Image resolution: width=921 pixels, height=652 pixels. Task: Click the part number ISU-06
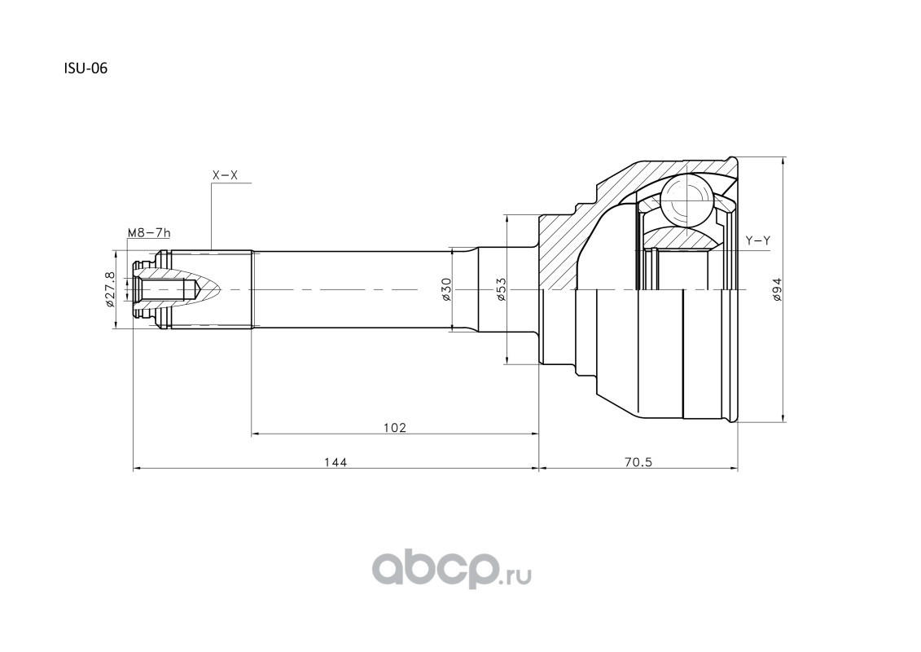(x=86, y=68)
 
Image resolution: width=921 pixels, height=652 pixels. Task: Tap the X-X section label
(x=225, y=175)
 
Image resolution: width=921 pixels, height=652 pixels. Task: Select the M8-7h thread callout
(x=149, y=233)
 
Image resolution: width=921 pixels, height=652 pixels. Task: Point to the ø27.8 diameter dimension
(x=108, y=289)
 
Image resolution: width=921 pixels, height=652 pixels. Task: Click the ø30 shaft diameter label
(x=445, y=290)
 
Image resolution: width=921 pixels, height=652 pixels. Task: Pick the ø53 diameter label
(x=501, y=290)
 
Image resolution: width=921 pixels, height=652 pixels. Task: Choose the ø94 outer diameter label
(x=778, y=290)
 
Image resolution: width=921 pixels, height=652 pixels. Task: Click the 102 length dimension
(x=395, y=427)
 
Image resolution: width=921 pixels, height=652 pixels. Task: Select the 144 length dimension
(x=336, y=461)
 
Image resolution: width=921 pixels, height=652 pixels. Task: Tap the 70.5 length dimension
(x=638, y=461)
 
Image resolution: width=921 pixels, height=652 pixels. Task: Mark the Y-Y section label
(x=757, y=240)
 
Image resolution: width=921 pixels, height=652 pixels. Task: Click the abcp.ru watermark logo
(x=452, y=570)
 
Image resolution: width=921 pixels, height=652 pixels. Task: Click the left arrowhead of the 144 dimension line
(x=137, y=469)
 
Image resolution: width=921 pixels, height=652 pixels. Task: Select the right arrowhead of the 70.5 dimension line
(x=735, y=469)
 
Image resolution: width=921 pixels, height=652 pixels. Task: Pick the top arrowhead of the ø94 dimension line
(x=784, y=161)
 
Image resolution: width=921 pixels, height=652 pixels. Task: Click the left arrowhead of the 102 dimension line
(x=256, y=434)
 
